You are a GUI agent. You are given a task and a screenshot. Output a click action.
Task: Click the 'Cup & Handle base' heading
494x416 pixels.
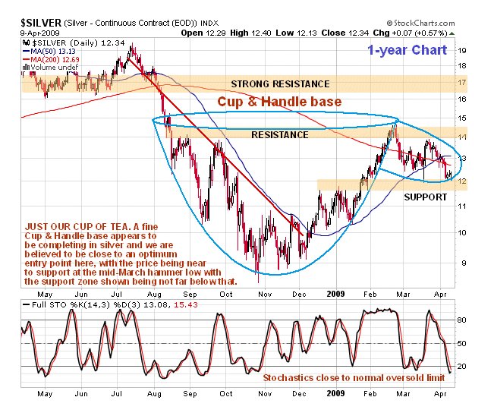pos(279,101)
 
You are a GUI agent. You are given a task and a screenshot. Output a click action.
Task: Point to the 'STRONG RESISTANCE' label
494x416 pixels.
pos(281,84)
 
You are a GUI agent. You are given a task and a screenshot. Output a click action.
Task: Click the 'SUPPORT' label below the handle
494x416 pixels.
pos(424,197)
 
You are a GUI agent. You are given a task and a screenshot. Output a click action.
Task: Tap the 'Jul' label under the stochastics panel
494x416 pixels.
pos(118,395)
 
